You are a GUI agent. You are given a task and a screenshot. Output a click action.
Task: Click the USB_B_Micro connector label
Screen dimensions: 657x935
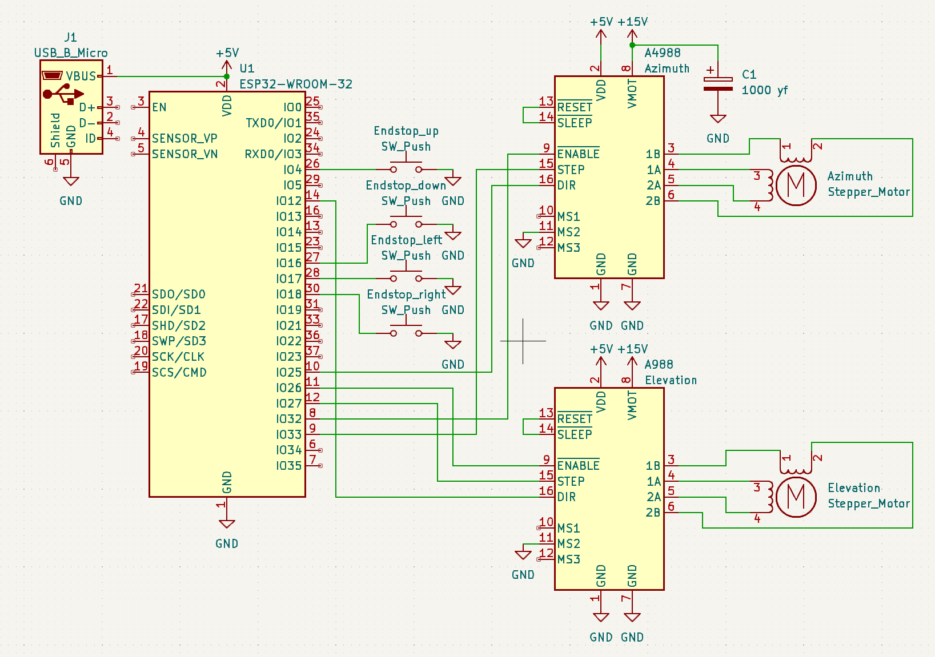click(71, 53)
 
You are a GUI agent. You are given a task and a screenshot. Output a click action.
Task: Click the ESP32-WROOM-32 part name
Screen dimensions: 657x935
click(295, 84)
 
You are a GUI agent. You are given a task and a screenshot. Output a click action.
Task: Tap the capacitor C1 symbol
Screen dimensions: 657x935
click(718, 84)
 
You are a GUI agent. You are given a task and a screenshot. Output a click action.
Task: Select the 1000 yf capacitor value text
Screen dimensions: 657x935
click(764, 90)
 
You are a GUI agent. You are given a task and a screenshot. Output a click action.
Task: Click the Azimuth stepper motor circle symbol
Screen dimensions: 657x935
click(796, 185)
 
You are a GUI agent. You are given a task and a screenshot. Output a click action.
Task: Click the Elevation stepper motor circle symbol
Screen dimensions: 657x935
click(796, 497)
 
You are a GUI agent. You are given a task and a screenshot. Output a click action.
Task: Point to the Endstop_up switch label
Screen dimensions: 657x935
click(406, 131)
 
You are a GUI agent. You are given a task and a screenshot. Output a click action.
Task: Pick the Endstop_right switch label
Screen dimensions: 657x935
click(406, 295)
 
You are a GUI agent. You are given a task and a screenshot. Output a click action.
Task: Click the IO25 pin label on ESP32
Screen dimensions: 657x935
click(288, 373)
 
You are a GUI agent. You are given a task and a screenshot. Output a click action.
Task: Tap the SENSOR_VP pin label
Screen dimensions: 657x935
click(184, 139)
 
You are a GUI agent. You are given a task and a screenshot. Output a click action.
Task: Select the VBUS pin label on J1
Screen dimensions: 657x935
click(81, 76)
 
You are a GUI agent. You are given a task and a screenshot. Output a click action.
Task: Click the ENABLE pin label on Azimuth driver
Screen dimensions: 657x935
click(578, 154)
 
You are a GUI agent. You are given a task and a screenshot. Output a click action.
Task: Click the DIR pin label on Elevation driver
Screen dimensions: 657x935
click(567, 497)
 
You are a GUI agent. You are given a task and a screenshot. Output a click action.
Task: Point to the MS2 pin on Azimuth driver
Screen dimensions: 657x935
click(568, 232)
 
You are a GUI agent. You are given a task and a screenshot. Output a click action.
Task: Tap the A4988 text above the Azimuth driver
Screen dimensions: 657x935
click(663, 53)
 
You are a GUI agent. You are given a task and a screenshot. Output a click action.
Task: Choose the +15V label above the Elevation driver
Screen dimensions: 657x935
click(632, 349)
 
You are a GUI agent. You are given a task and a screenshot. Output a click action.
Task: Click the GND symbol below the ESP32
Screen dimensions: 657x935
click(227, 524)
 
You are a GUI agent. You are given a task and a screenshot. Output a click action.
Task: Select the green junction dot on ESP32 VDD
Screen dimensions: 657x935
click(227, 76)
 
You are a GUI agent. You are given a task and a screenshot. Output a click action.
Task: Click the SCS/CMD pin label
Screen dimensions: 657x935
click(179, 373)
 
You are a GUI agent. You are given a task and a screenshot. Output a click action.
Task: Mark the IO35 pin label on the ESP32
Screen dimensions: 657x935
click(288, 466)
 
